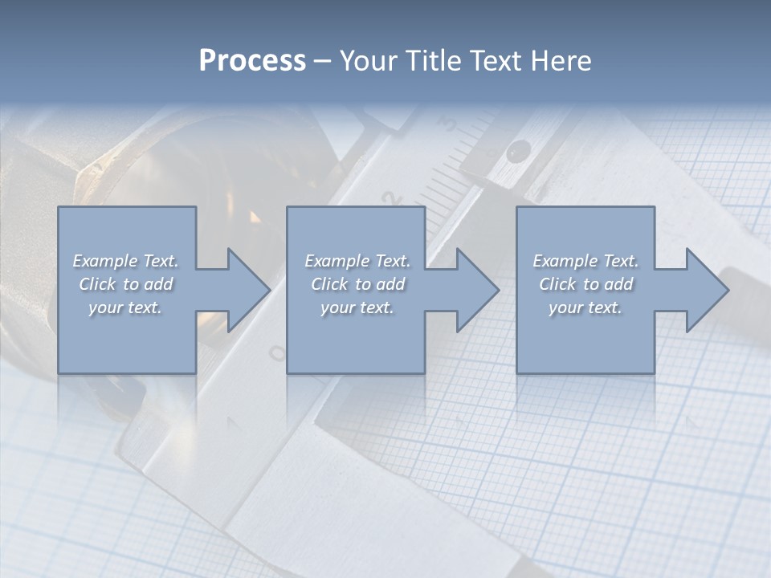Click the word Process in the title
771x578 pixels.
pyautogui.click(x=252, y=61)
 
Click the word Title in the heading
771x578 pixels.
pyautogui.click(x=430, y=61)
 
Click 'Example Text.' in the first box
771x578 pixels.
pyautogui.click(x=125, y=261)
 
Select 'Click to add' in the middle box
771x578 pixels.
pyautogui.click(x=357, y=284)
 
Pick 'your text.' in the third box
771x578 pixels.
pyautogui.click(x=585, y=307)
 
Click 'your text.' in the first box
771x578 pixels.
pyautogui.click(x=125, y=307)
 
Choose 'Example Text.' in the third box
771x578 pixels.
pyautogui.click(x=585, y=261)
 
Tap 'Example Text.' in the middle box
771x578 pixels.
pyautogui.click(x=357, y=261)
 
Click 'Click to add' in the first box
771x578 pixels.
pyautogui.click(x=125, y=284)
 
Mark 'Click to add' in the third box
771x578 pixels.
pyautogui.click(x=585, y=284)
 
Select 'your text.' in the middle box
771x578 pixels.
pyautogui.click(x=357, y=307)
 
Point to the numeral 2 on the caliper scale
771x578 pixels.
pyautogui.click(x=392, y=198)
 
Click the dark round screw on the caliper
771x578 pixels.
pyautogui.click(x=519, y=149)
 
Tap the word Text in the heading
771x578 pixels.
pyautogui.click(x=493, y=61)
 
